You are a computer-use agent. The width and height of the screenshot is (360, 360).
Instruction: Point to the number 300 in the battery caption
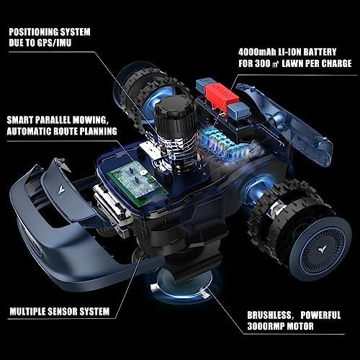[x=263, y=63]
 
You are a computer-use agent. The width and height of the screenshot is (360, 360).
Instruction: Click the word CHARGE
[x=336, y=63]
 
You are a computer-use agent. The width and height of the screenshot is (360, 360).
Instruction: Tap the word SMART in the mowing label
[x=20, y=120]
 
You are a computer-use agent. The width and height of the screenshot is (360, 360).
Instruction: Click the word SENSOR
[x=63, y=312]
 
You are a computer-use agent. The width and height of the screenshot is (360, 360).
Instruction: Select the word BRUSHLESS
[x=269, y=315]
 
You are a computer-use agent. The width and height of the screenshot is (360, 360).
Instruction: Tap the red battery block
[x=221, y=96]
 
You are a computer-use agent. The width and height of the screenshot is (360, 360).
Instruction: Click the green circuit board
[x=137, y=182]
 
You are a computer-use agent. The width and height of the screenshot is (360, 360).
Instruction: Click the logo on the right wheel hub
[x=322, y=251]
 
